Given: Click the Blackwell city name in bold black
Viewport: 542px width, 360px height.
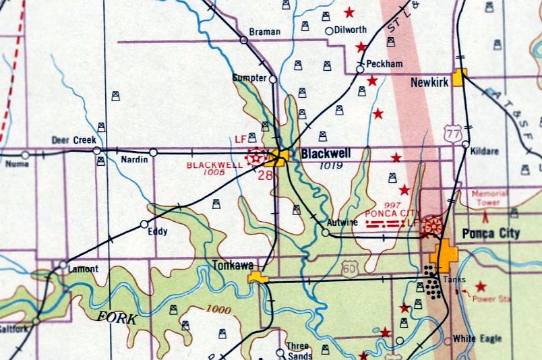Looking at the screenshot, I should point(326,154).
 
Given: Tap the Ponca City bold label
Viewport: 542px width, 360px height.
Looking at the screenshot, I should point(491,234).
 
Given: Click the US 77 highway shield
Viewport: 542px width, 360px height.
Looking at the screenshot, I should point(453,135).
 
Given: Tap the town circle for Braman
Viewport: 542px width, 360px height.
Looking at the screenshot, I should point(243,40).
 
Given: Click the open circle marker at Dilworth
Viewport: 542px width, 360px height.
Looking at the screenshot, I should point(329,30).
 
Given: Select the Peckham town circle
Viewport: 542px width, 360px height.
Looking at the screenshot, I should point(360,69).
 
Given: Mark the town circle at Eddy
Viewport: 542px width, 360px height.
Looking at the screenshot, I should point(144,224).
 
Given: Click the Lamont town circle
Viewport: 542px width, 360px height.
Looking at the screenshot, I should point(63,264).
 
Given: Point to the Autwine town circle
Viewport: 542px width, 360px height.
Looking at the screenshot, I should point(326,233).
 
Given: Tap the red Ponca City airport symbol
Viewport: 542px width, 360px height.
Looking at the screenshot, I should point(432,227).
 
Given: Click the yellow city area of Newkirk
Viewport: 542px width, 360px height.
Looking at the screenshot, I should point(460,77).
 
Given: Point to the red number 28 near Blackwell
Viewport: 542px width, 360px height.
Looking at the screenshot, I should point(264,175).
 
